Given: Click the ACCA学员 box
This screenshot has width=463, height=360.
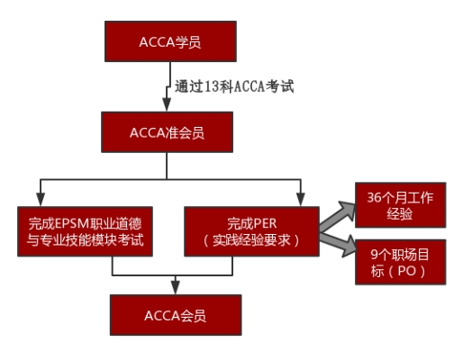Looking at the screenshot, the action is pyautogui.click(x=170, y=41).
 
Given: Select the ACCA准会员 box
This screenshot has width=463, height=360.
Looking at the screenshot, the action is pyautogui.click(x=167, y=132).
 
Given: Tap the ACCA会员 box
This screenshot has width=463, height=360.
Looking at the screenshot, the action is pyautogui.click(x=176, y=315).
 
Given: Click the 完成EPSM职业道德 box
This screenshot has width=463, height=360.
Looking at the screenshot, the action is pyautogui.click(x=85, y=231).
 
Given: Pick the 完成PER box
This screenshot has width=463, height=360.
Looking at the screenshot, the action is pyautogui.click(x=251, y=231).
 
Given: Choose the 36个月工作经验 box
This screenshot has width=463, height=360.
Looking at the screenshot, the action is pyautogui.click(x=401, y=205).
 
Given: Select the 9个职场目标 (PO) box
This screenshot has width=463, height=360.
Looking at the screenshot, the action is pyautogui.click(x=401, y=262).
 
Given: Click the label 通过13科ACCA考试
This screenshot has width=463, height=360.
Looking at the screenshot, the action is pyautogui.click(x=234, y=86).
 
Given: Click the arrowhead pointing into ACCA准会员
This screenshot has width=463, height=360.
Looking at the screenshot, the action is pyautogui.click(x=167, y=104).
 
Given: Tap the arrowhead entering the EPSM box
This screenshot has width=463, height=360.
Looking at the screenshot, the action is pyautogui.click(x=41, y=200).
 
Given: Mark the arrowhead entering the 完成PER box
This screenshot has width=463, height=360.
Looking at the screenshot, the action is pyautogui.click(x=301, y=200).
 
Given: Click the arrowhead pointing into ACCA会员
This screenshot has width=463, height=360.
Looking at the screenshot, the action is pyautogui.click(x=176, y=288).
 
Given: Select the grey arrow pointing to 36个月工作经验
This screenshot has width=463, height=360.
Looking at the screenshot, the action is pyautogui.click(x=338, y=215).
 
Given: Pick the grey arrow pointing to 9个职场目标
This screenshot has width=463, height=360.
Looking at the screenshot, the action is pyautogui.click(x=339, y=244).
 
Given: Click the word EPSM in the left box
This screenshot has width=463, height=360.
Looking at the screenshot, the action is pyautogui.click(x=72, y=223).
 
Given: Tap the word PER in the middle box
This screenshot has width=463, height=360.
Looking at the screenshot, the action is pyautogui.click(x=265, y=223).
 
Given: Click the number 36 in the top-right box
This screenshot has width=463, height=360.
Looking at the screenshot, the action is pyautogui.click(x=374, y=197).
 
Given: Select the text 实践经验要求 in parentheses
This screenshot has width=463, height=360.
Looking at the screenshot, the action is pyautogui.click(x=251, y=240).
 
